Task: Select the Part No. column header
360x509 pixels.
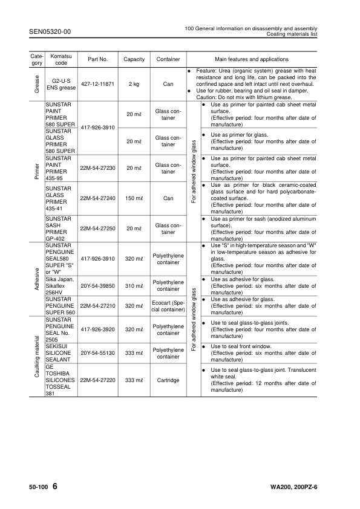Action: point(97,59)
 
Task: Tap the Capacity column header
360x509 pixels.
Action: point(134,59)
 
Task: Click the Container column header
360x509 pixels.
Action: point(168,59)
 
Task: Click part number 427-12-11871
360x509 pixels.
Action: point(97,84)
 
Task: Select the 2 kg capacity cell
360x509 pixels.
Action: point(134,84)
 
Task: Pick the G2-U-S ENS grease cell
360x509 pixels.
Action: point(59,84)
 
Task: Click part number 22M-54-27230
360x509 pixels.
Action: point(97,168)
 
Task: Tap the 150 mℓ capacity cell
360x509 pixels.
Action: point(134,198)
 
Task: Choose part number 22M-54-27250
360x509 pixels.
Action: point(97,229)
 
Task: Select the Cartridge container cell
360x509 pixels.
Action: point(168,380)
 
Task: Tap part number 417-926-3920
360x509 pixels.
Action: point(97,329)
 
